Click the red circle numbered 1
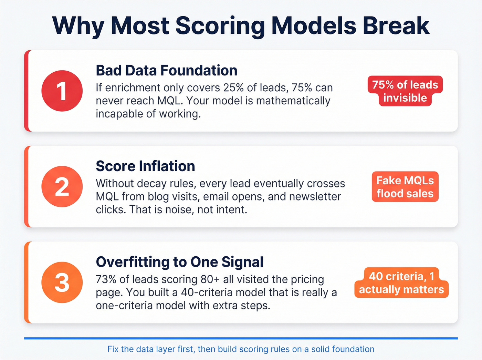coord(62,91)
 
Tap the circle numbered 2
coord(62,187)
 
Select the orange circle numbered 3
coord(62,282)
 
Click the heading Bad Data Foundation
coord(166,71)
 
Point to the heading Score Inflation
coord(145,166)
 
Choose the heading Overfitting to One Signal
coord(179,262)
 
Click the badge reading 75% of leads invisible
coord(405,91)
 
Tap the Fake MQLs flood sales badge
coord(405,187)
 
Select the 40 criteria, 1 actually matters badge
coord(401,282)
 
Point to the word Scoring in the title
coord(220,26)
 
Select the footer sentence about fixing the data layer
coord(241,349)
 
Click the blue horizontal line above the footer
coord(241,338)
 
